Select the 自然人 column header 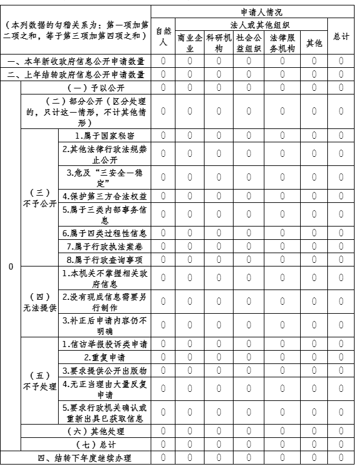click(163, 36)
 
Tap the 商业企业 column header click(189, 42)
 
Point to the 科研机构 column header click(219, 42)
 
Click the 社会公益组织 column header click(248, 42)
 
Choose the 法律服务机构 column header click(282, 42)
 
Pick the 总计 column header click(341, 36)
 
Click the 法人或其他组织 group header click(251, 25)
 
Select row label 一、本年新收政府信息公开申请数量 click(76, 61)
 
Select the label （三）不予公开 click(39, 198)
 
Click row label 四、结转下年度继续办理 click(76, 458)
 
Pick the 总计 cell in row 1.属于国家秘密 click(341, 136)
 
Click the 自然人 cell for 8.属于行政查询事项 click(163, 259)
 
